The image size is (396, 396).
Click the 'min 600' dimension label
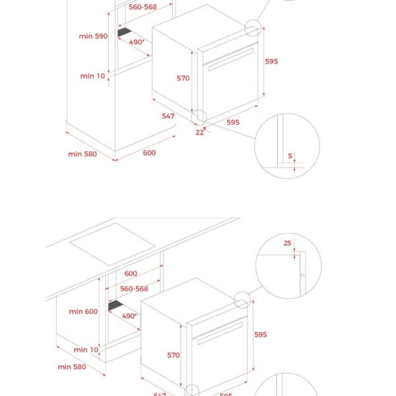click(x=82, y=312)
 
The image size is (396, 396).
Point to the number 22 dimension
click(x=199, y=132)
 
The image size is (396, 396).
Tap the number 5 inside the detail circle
click(x=290, y=156)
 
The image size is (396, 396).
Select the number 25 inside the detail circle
click(x=287, y=244)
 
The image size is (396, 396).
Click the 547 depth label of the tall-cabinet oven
click(x=168, y=116)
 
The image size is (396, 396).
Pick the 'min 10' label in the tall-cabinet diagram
click(x=92, y=76)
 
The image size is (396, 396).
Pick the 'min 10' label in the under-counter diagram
click(x=86, y=350)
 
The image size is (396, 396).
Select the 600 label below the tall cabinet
click(x=149, y=153)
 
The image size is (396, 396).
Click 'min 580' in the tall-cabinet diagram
click(x=82, y=154)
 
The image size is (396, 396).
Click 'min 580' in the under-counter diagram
click(x=73, y=366)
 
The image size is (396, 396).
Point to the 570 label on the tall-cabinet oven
click(x=183, y=79)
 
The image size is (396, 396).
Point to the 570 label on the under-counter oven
click(x=173, y=355)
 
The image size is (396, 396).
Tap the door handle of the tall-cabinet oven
click(x=228, y=60)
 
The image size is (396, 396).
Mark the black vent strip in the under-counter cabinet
click(x=117, y=306)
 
